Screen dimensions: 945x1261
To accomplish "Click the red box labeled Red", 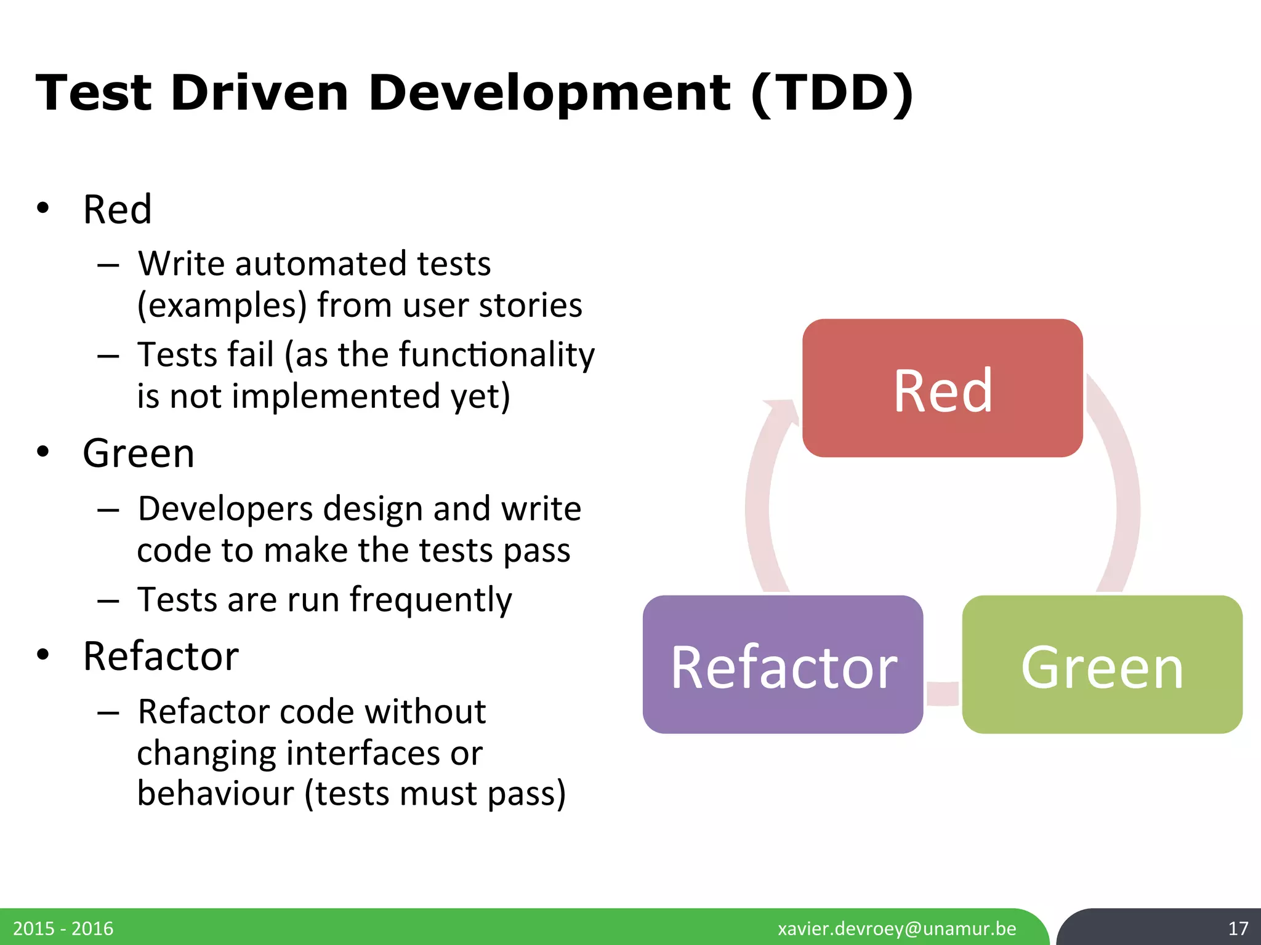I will pos(942,388).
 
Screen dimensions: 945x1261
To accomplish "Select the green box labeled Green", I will pos(1102,665).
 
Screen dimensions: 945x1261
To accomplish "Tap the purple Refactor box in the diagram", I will pos(783,665).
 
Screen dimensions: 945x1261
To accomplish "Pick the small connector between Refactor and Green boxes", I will pos(943,693).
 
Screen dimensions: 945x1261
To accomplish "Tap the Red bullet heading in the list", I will pos(117,209).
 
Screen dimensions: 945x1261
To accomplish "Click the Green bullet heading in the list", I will pos(139,453).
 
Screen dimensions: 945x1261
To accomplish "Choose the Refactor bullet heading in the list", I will pos(161,656).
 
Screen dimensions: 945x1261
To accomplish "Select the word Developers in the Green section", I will pos(225,509).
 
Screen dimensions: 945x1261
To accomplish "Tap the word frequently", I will pos(430,600).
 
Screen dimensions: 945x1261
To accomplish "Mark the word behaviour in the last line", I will pos(216,794).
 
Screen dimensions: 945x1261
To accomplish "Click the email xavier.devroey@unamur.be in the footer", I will pos(896,928).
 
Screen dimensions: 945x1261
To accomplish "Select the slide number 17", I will pos(1238,928).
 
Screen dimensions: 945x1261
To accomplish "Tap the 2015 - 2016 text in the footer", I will pos(63,928).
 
